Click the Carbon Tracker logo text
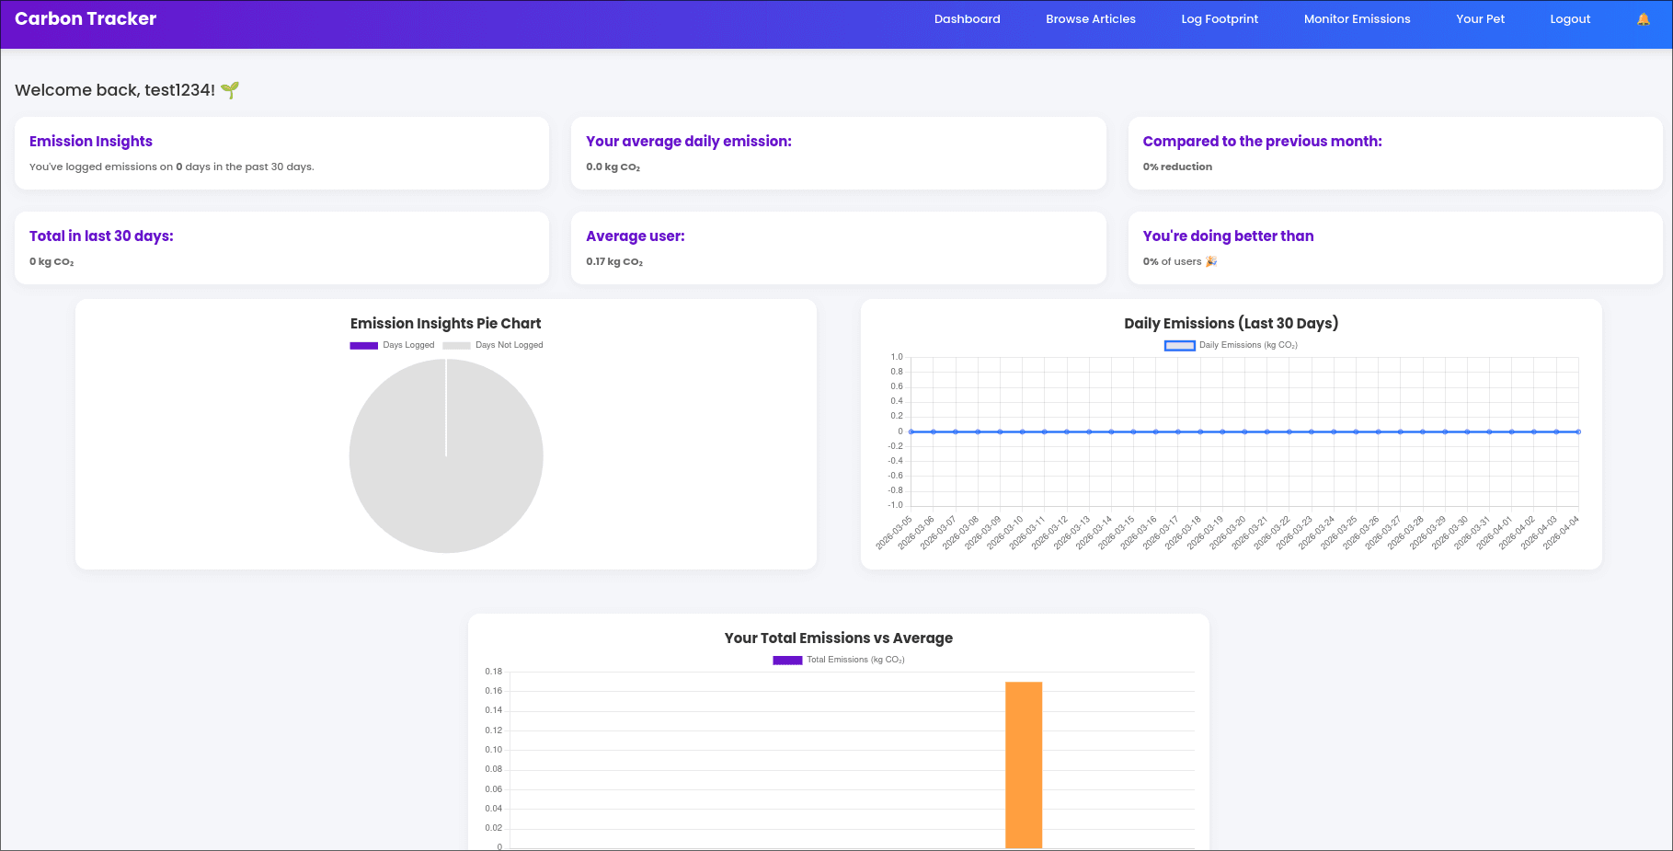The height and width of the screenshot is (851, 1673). point(86,19)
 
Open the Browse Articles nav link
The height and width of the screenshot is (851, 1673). point(1090,19)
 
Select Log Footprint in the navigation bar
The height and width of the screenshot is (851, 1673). point(1219,19)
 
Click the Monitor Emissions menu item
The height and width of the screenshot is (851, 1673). point(1356,19)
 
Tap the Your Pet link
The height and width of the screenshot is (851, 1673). point(1479,19)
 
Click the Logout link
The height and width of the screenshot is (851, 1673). point(1569,19)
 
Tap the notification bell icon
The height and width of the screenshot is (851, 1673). point(1643,19)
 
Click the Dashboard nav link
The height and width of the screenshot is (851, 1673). point(967,19)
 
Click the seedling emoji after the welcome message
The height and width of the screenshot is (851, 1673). point(230,90)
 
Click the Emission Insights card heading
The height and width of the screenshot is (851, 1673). point(91,141)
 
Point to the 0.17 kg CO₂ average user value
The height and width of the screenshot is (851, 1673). point(613,262)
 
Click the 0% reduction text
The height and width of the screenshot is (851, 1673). point(1176,167)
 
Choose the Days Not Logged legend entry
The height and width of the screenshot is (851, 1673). point(494,345)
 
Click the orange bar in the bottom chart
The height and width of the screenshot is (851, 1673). point(1023,764)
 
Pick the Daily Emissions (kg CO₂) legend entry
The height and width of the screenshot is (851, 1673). point(1231,345)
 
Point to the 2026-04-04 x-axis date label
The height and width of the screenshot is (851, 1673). point(1562,533)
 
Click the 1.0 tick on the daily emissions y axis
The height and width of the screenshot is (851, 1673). point(896,357)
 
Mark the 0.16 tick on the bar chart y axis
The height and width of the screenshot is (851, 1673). point(494,691)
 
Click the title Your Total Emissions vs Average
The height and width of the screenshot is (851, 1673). point(838,638)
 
